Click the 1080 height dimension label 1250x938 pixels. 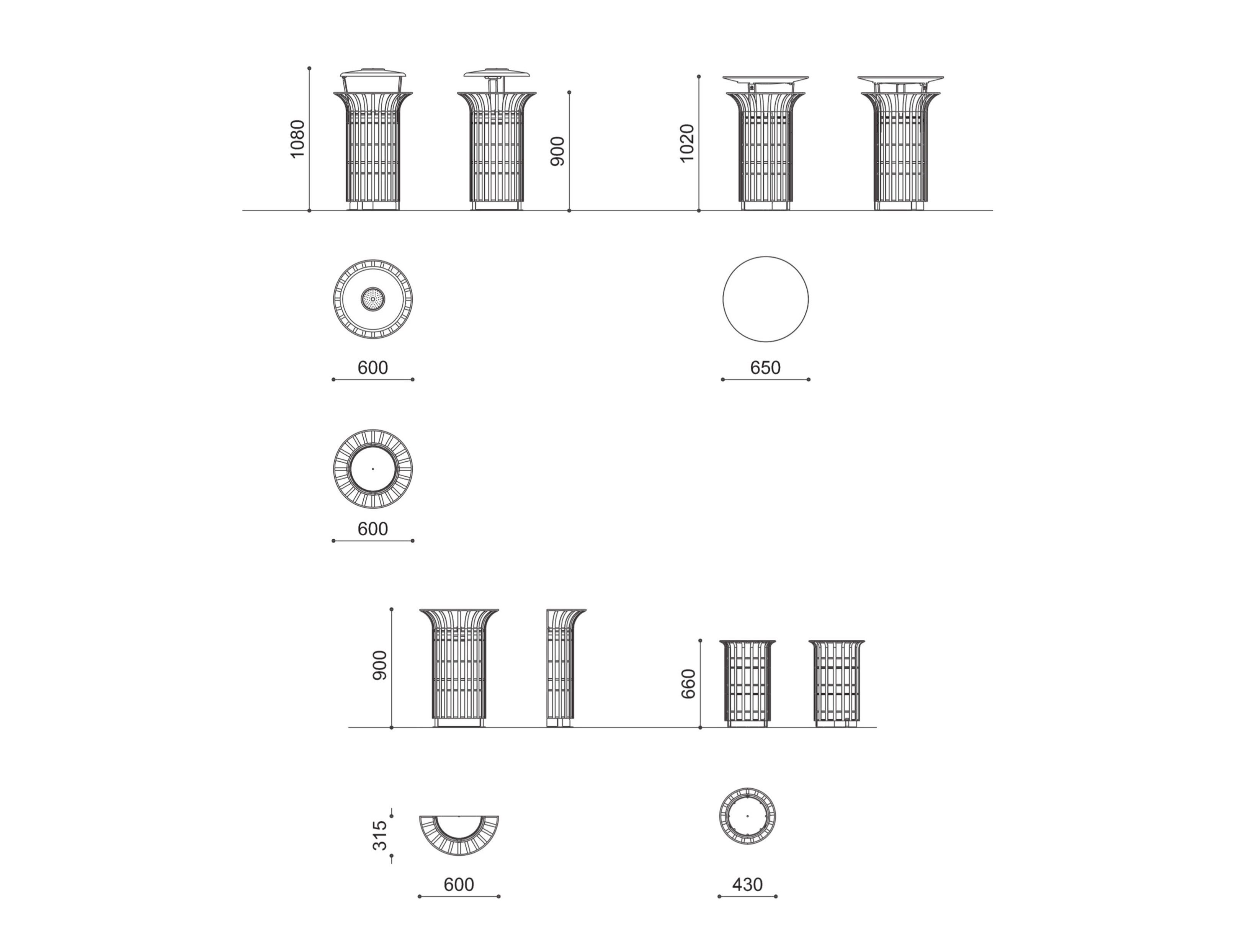tap(297, 139)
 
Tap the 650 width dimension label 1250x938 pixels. tap(765, 368)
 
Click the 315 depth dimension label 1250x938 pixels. tap(380, 835)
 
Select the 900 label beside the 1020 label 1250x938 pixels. tap(557, 152)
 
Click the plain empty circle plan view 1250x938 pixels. tap(765, 299)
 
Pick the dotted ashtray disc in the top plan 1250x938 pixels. tap(373, 299)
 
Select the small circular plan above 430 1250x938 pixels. tap(747, 816)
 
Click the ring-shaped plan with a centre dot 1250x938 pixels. tap(373, 469)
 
